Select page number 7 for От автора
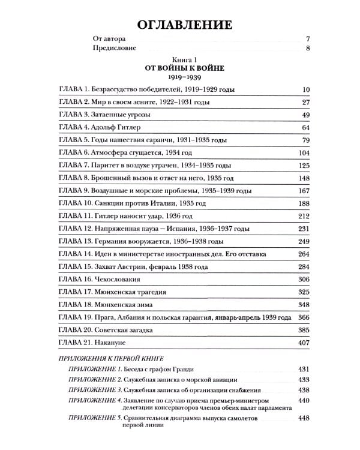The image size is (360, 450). (x=307, y=38)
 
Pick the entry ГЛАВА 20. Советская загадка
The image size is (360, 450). (x=107, y=330)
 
